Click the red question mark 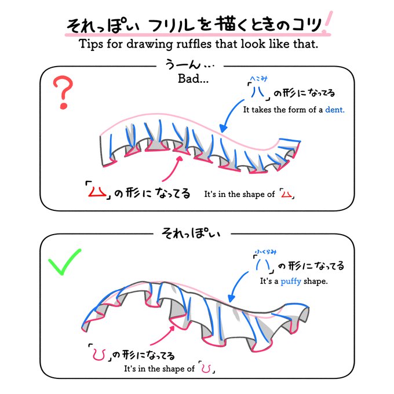[65, 93]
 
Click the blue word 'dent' [334, 109]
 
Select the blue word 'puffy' [291, 282]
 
